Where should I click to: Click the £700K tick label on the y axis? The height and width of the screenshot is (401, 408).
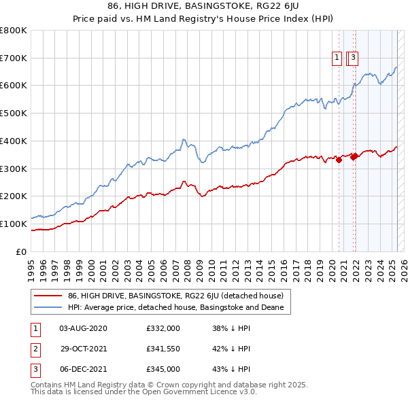coord(14,58)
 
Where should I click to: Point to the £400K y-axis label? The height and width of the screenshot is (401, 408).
coord(14,141)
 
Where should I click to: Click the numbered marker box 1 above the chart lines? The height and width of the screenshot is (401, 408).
coord(337,58)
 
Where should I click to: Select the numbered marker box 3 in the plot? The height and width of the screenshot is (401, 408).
coord(354,58)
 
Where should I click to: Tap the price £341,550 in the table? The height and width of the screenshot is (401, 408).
coord(163,349)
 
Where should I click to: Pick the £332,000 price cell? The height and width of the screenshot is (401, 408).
coord(163,328)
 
